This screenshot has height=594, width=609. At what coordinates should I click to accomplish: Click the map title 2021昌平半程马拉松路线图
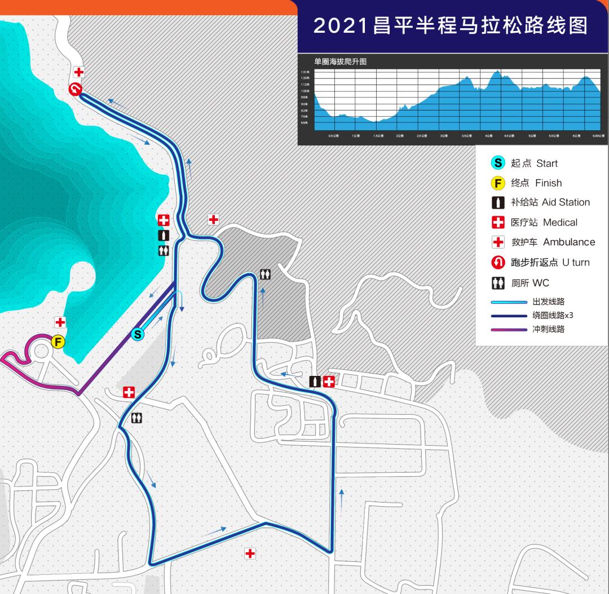point(450,25)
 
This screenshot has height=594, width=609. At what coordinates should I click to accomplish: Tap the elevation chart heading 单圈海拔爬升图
point(341,61)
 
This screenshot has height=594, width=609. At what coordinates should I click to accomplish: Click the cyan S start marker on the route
point(138,334)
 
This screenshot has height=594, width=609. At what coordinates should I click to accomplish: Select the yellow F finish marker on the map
point(58,342)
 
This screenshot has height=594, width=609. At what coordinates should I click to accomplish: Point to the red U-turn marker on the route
point(76,89)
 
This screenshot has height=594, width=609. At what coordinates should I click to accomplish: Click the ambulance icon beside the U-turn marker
point(79,72)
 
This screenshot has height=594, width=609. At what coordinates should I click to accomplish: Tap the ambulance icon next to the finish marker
point(60,322)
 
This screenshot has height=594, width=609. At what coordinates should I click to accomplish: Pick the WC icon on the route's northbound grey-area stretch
point(266,274)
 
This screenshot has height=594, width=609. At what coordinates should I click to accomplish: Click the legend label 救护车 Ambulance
point(553,242)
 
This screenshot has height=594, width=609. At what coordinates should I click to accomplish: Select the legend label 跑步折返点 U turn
point(550,263)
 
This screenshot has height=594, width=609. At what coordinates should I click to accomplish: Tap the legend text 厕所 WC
point(529,283)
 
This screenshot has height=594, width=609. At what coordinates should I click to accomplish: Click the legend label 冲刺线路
point(548,329)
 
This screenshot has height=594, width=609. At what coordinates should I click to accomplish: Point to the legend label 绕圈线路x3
point(552,316)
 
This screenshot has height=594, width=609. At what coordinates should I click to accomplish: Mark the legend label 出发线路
point(548,302)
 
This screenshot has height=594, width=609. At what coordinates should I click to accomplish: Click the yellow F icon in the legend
point(498,183)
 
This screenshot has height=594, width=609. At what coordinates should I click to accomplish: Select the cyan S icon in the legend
point(498,163)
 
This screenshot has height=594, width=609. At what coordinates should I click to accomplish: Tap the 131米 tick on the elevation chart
point(304,72)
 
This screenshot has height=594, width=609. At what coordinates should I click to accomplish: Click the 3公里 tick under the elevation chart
point(444,136)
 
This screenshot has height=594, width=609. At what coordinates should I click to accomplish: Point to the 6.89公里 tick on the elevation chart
point(598,136)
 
